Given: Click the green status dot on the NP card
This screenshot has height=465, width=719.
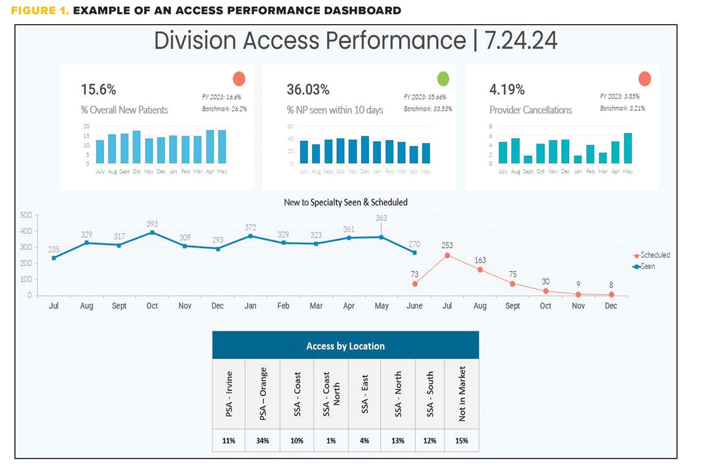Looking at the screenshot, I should click(x=443, y=79).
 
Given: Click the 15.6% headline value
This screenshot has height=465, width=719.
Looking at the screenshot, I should click(x=98, y=89).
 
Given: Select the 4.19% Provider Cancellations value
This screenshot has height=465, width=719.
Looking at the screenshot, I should click(x=507, y=89).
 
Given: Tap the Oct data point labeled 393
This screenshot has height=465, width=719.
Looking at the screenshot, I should click(x=152, y=232).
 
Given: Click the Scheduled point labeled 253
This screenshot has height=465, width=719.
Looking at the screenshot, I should click(x=447, y=255).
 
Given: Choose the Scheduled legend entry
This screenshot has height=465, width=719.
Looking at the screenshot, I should click(x=652, y=255).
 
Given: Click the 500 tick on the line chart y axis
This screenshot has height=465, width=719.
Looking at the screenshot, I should click(x=26, y=215).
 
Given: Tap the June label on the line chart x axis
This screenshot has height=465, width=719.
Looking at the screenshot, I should click(x=414, y=306).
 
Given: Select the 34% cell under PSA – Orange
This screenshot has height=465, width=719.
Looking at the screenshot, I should click(x=262, y=441).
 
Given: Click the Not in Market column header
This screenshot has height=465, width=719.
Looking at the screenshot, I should click(x=462, y=394).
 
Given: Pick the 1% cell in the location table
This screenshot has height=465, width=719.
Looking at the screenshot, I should click(x=331, y=441).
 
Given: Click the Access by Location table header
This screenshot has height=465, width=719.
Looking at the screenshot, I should click(x=345, y=346).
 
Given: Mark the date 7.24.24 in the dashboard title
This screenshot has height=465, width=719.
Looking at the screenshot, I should click(x=520, y=41).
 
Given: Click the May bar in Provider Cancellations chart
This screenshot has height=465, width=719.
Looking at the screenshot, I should click(x=628, y=148).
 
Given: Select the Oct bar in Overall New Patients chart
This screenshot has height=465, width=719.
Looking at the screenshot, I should click(x=136, y=147).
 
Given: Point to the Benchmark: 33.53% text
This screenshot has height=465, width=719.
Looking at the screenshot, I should click(x=427, y=109).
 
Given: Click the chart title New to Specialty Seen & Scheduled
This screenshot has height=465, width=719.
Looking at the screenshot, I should click(x=346, y=202).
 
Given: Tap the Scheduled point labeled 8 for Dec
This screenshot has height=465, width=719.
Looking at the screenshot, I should click(x=611, y=295).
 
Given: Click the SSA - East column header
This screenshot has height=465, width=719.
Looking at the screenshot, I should click(x=365, y=394).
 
